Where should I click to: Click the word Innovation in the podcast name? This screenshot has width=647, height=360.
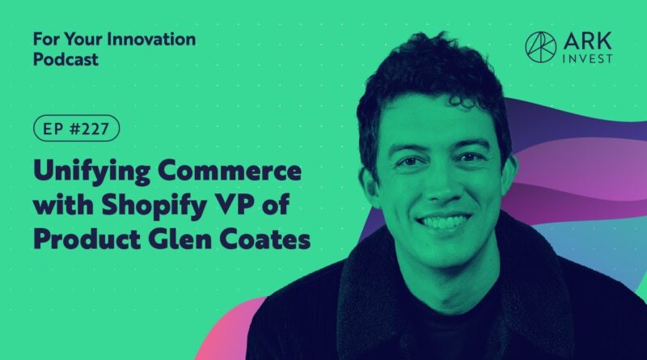coord(151,40)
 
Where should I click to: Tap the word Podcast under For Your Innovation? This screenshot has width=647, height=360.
coord(66,59)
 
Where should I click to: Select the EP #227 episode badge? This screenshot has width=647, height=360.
coord(76,129)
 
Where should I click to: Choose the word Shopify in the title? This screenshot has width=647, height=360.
coord(154,205)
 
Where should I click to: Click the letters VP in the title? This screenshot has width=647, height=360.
coord(233,204)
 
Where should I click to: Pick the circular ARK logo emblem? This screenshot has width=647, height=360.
coord(540,47)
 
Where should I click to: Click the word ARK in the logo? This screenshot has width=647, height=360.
coord(588,42)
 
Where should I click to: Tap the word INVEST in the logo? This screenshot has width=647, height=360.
coord(588,59)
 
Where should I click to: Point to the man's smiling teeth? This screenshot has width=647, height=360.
coord(443,222)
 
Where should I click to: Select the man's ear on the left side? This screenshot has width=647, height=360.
coord(369,183)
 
